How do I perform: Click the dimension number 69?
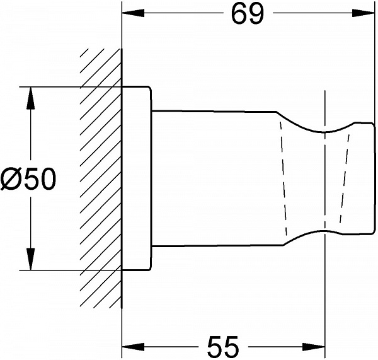248,14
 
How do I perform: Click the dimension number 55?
223,347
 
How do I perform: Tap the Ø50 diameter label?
28,179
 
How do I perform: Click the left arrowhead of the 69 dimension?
133,13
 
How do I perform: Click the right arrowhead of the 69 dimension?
364,13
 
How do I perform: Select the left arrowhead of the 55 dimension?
133,347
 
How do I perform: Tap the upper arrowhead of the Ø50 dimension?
31,98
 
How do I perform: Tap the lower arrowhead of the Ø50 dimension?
31,259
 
